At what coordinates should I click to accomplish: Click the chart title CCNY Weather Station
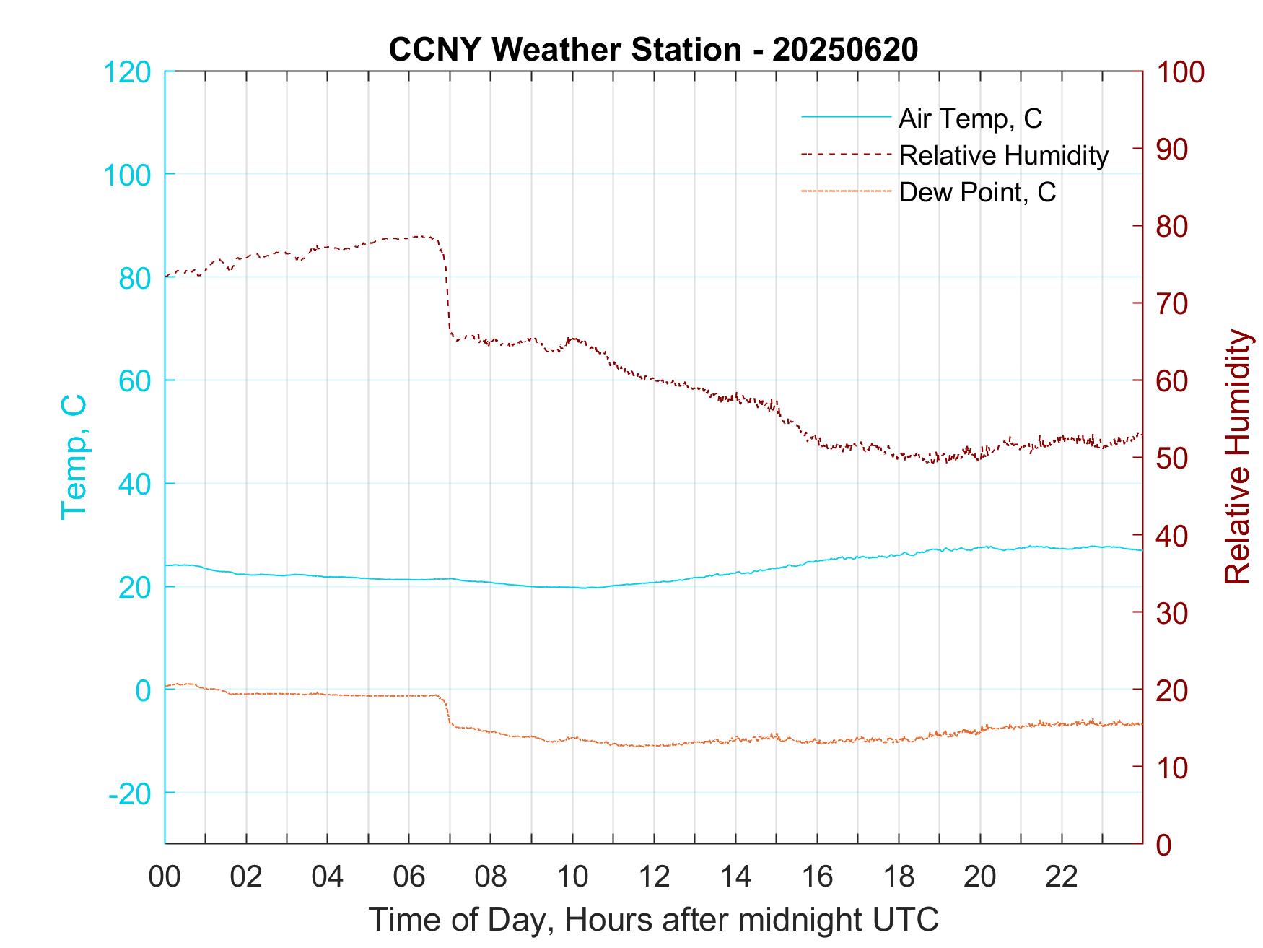[653, 49]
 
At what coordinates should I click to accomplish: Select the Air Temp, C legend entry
[969, 118]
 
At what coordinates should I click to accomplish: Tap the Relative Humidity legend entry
[1003, 155]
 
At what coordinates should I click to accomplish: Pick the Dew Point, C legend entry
[976, 192]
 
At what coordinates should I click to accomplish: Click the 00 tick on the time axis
[165, 877]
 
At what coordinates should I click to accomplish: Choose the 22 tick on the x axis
[1062, 877]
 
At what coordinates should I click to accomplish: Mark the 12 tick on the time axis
[654, 877]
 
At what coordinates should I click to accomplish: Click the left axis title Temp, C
[74, 456]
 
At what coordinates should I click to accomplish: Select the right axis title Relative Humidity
[1237, 456]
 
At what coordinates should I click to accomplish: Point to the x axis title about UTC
[653, 920]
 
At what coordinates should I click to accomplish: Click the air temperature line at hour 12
[654, 582]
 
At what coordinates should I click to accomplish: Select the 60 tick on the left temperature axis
[134, 380]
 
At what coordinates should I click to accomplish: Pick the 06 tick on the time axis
[409, 877]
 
